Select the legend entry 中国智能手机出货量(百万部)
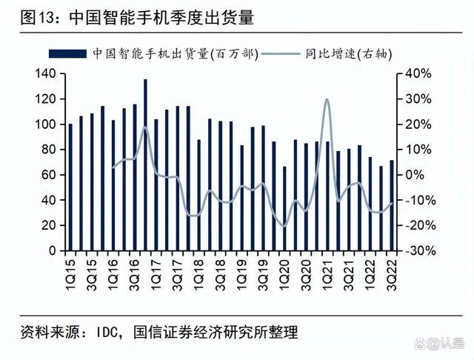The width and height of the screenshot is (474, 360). pyautogui.click(x=175, y=54)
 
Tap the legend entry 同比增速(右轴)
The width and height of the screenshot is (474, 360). pyautogui.click(x=347, y=54)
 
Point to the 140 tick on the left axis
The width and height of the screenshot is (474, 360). pyautogui.click(x=46, y=73)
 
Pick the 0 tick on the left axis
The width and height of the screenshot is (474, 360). pyautogui.click(x=52, y=250)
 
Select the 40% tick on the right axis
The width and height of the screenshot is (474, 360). pyautogui.click(x=414, y=73)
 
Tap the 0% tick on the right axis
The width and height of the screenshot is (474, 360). pyautogui.click(x=411, y=175)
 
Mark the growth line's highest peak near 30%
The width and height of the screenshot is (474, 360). pyautogui.click(x=327, y=99)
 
